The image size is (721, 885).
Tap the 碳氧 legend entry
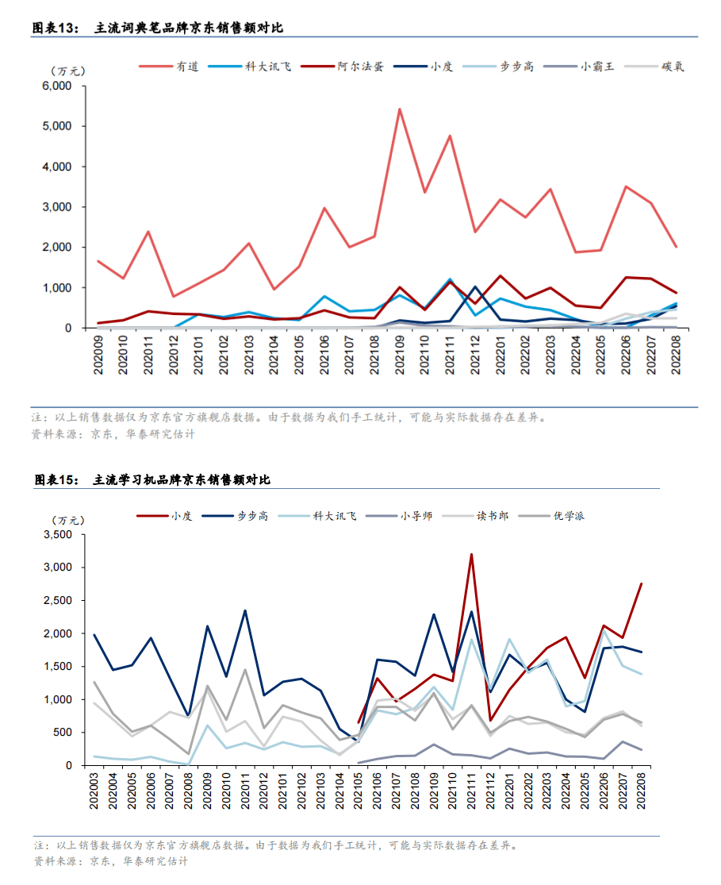click(x=673, y=67)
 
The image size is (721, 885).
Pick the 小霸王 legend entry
click(x=597, y=67)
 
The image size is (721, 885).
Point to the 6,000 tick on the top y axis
click(x=57, y=86)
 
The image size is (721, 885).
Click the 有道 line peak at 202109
click(x=400, y=110)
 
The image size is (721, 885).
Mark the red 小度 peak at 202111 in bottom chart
click(x=472, y=555)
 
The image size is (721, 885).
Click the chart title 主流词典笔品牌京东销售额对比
click(x=189, y=28)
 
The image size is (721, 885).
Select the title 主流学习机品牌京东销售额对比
click(x=182, y=480)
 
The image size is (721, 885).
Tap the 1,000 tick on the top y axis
click(x=57, y=287)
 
